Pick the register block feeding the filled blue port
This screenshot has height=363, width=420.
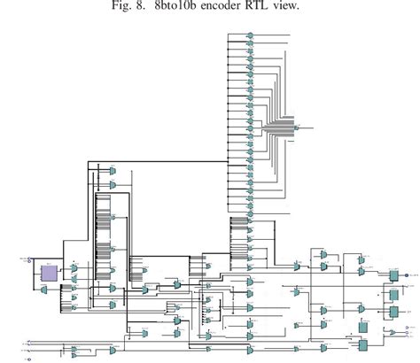393,277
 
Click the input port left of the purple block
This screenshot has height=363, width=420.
30,262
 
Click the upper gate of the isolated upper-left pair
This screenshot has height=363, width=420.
113,170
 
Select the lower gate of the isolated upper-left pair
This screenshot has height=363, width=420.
113,185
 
